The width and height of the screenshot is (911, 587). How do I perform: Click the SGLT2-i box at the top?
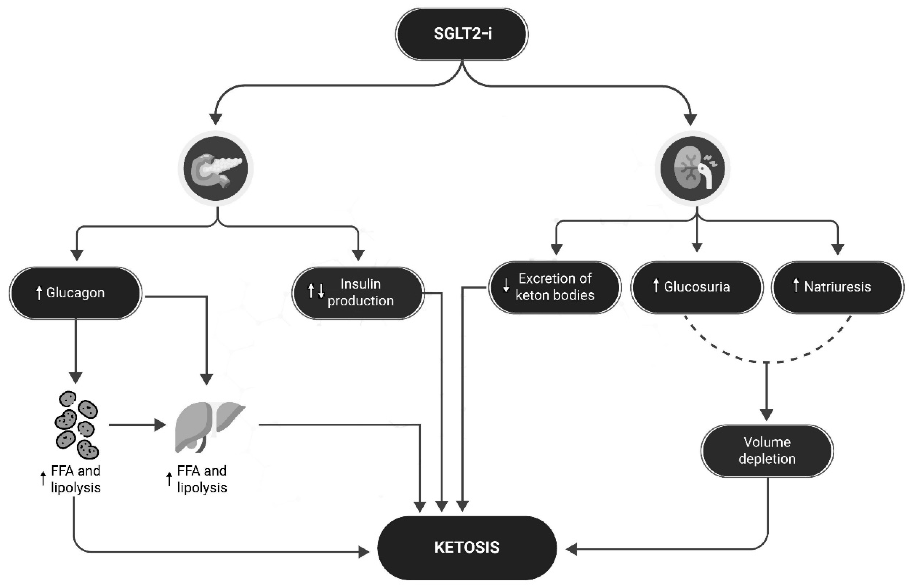tap(462, 34)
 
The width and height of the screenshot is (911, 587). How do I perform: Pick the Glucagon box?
tap(76, 293)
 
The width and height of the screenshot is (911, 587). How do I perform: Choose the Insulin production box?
tap(358, 293)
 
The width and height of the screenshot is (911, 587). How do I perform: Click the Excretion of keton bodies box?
tap(555, 287)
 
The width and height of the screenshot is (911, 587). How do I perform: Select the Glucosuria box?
tap(697, 287)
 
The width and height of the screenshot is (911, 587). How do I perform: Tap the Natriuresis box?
tap(837, 287)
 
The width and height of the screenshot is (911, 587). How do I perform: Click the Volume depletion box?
tap(767, 451)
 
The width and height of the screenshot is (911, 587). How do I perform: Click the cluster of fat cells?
tap(76, 425)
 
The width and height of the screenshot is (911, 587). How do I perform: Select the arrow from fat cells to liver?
tap(137, 425)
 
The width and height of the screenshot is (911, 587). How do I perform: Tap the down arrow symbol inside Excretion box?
tap(506, 285)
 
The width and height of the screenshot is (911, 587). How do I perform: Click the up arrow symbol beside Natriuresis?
tap(796, 286)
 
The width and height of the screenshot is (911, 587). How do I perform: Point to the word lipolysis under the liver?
tap(202, 488)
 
